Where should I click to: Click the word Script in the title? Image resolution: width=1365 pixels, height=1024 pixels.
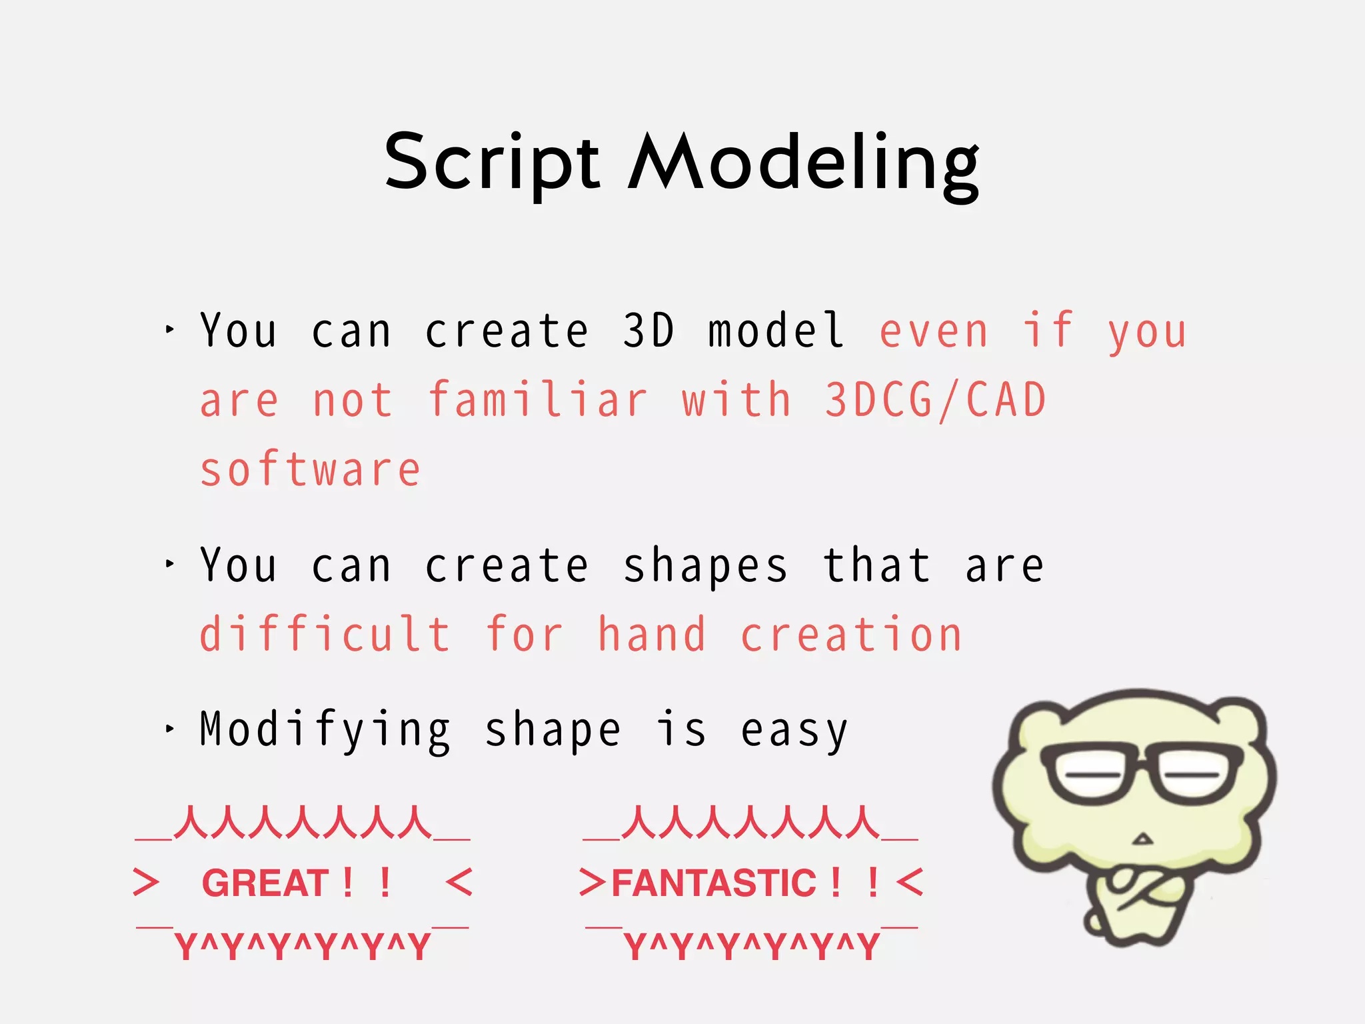(x=492, y=163)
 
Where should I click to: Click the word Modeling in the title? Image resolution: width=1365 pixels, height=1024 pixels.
(x=803, y=163)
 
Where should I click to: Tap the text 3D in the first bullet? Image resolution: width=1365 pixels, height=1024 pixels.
(x=648, y=331)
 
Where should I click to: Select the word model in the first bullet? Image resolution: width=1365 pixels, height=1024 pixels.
(x=776, y=331)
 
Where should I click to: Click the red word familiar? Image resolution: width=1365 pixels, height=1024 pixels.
(x=537, y=401)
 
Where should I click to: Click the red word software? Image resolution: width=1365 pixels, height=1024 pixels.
(x=311, y=470)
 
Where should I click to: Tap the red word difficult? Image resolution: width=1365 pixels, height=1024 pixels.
(x=325, y=635)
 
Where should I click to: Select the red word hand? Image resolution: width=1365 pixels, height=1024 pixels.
(x=651, y=635)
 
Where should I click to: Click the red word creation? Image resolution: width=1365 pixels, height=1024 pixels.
(x=851, y=635)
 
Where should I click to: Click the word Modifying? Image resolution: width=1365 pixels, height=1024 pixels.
(x=325, y=731)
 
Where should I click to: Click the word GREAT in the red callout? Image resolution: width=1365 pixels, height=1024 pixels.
(x=265, y=883)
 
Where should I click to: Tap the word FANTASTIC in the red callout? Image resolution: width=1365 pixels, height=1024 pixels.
(x=714, y=883)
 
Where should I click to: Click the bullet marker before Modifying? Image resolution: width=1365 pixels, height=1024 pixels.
(x=169, y=729)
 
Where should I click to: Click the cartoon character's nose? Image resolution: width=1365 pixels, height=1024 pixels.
(x=1142, y=839)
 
